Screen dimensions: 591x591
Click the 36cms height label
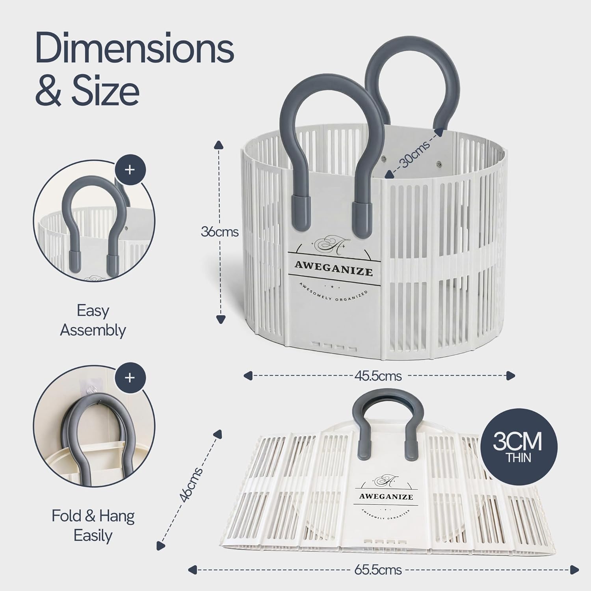(220, 232)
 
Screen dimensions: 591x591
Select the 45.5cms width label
(378, 376)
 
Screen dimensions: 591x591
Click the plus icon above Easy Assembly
(130, 170)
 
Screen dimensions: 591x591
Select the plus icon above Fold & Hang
(130, 378)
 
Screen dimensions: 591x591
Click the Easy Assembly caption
(93, 320)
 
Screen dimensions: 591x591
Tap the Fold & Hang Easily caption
(93, 526)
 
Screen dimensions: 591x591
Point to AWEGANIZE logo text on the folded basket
(386, 496)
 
